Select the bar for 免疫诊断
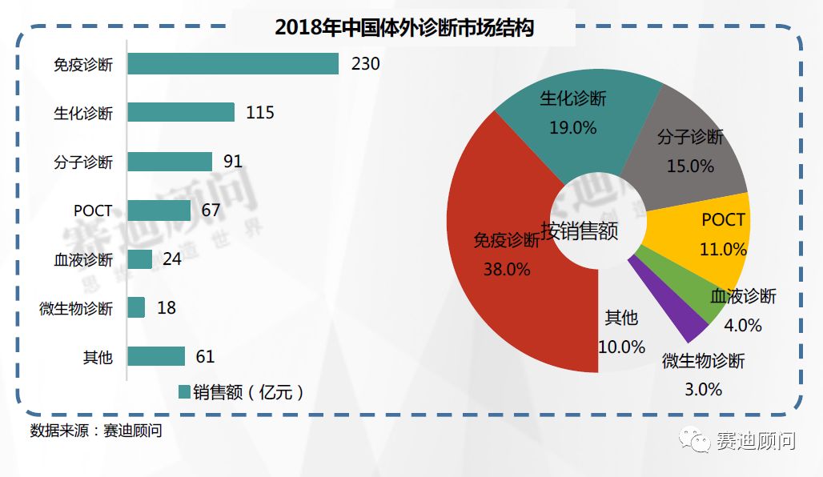pyautogui.click(x=232, y=63)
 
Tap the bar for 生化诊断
pyautogui.click(x=180, y=112)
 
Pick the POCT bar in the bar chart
pyautogui.click(x=159, y=210)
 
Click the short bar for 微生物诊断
pyautogui.click(x=136, y=307)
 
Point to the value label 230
pyautogui.click(x=365, y=63)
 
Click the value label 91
pyautogui.click(x=232, y=162)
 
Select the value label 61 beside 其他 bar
pyautogui.click(x=205, y=357)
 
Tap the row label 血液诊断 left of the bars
pyautogui.click(x=83, y=260)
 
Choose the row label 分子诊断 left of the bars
pyautogui.click(x=83, y=162)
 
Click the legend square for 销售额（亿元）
pyautogui.click(x=184, y=391)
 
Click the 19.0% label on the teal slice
pyautogui.click(x=572, y=127)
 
